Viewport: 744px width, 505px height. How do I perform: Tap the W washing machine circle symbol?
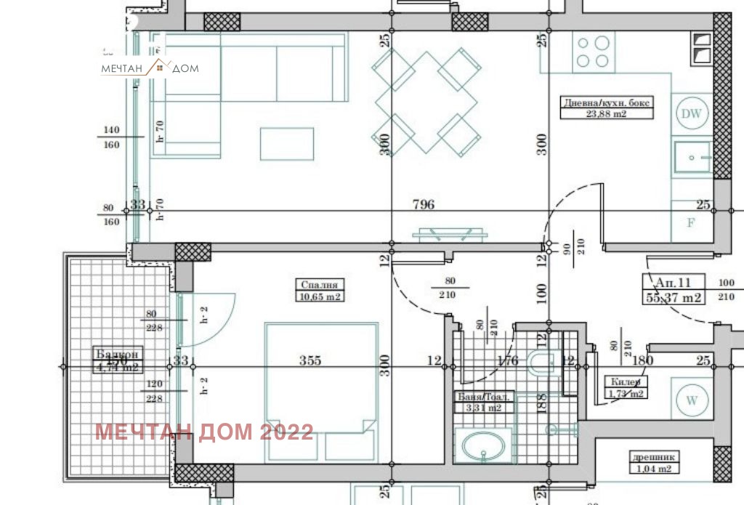point(691,400)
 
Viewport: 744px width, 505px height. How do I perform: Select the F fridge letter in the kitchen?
point(691,223)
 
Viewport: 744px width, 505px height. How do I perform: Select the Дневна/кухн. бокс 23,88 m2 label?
point(607,108)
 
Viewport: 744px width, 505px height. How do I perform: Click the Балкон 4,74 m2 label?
point(116,360)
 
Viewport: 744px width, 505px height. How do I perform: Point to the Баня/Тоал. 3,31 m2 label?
point(485,403)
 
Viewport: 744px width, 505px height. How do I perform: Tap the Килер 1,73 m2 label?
point(626,388)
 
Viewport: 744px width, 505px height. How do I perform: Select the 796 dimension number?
point(423,204)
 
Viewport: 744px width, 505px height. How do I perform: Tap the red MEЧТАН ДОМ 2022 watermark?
point(204,432)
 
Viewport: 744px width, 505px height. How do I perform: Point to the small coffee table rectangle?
point(286,143)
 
